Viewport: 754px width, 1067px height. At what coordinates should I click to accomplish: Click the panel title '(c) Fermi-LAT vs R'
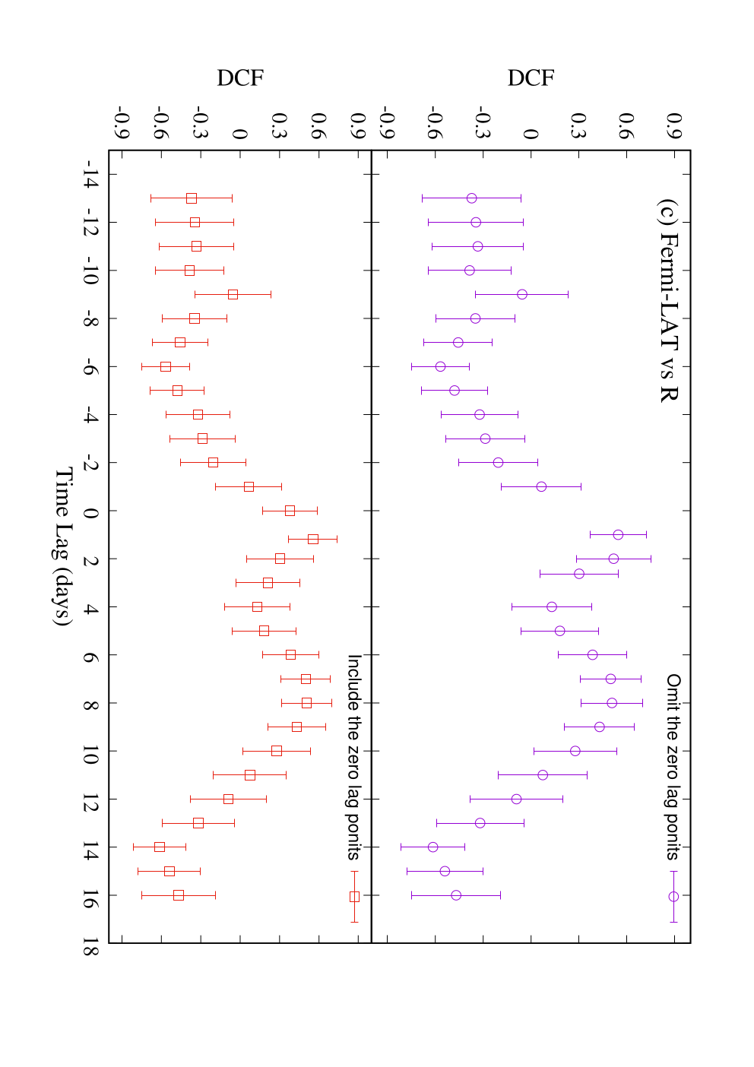669,301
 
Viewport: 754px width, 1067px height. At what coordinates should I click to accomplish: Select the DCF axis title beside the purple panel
531,78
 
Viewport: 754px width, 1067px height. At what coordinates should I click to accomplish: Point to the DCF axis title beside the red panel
240,78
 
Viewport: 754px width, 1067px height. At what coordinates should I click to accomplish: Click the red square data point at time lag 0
290,511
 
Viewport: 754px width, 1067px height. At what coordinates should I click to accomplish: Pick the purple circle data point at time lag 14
432,847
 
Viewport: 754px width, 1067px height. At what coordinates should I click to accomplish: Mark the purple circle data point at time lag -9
522,294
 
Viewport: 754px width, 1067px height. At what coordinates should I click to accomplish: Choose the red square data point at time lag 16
179,895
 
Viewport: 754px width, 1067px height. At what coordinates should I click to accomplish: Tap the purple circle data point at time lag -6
440,366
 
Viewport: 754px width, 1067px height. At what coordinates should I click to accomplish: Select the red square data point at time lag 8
307,703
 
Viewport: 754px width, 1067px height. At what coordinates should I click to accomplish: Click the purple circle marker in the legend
673,897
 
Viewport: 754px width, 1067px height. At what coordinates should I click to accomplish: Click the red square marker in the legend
354,897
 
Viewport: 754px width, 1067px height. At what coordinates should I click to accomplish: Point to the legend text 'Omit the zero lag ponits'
672,766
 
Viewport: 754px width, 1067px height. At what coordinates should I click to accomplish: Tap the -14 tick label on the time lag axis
90,174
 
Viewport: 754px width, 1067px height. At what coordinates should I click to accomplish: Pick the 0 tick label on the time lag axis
91,513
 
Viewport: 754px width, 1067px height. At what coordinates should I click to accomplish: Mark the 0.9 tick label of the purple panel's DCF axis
674,125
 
